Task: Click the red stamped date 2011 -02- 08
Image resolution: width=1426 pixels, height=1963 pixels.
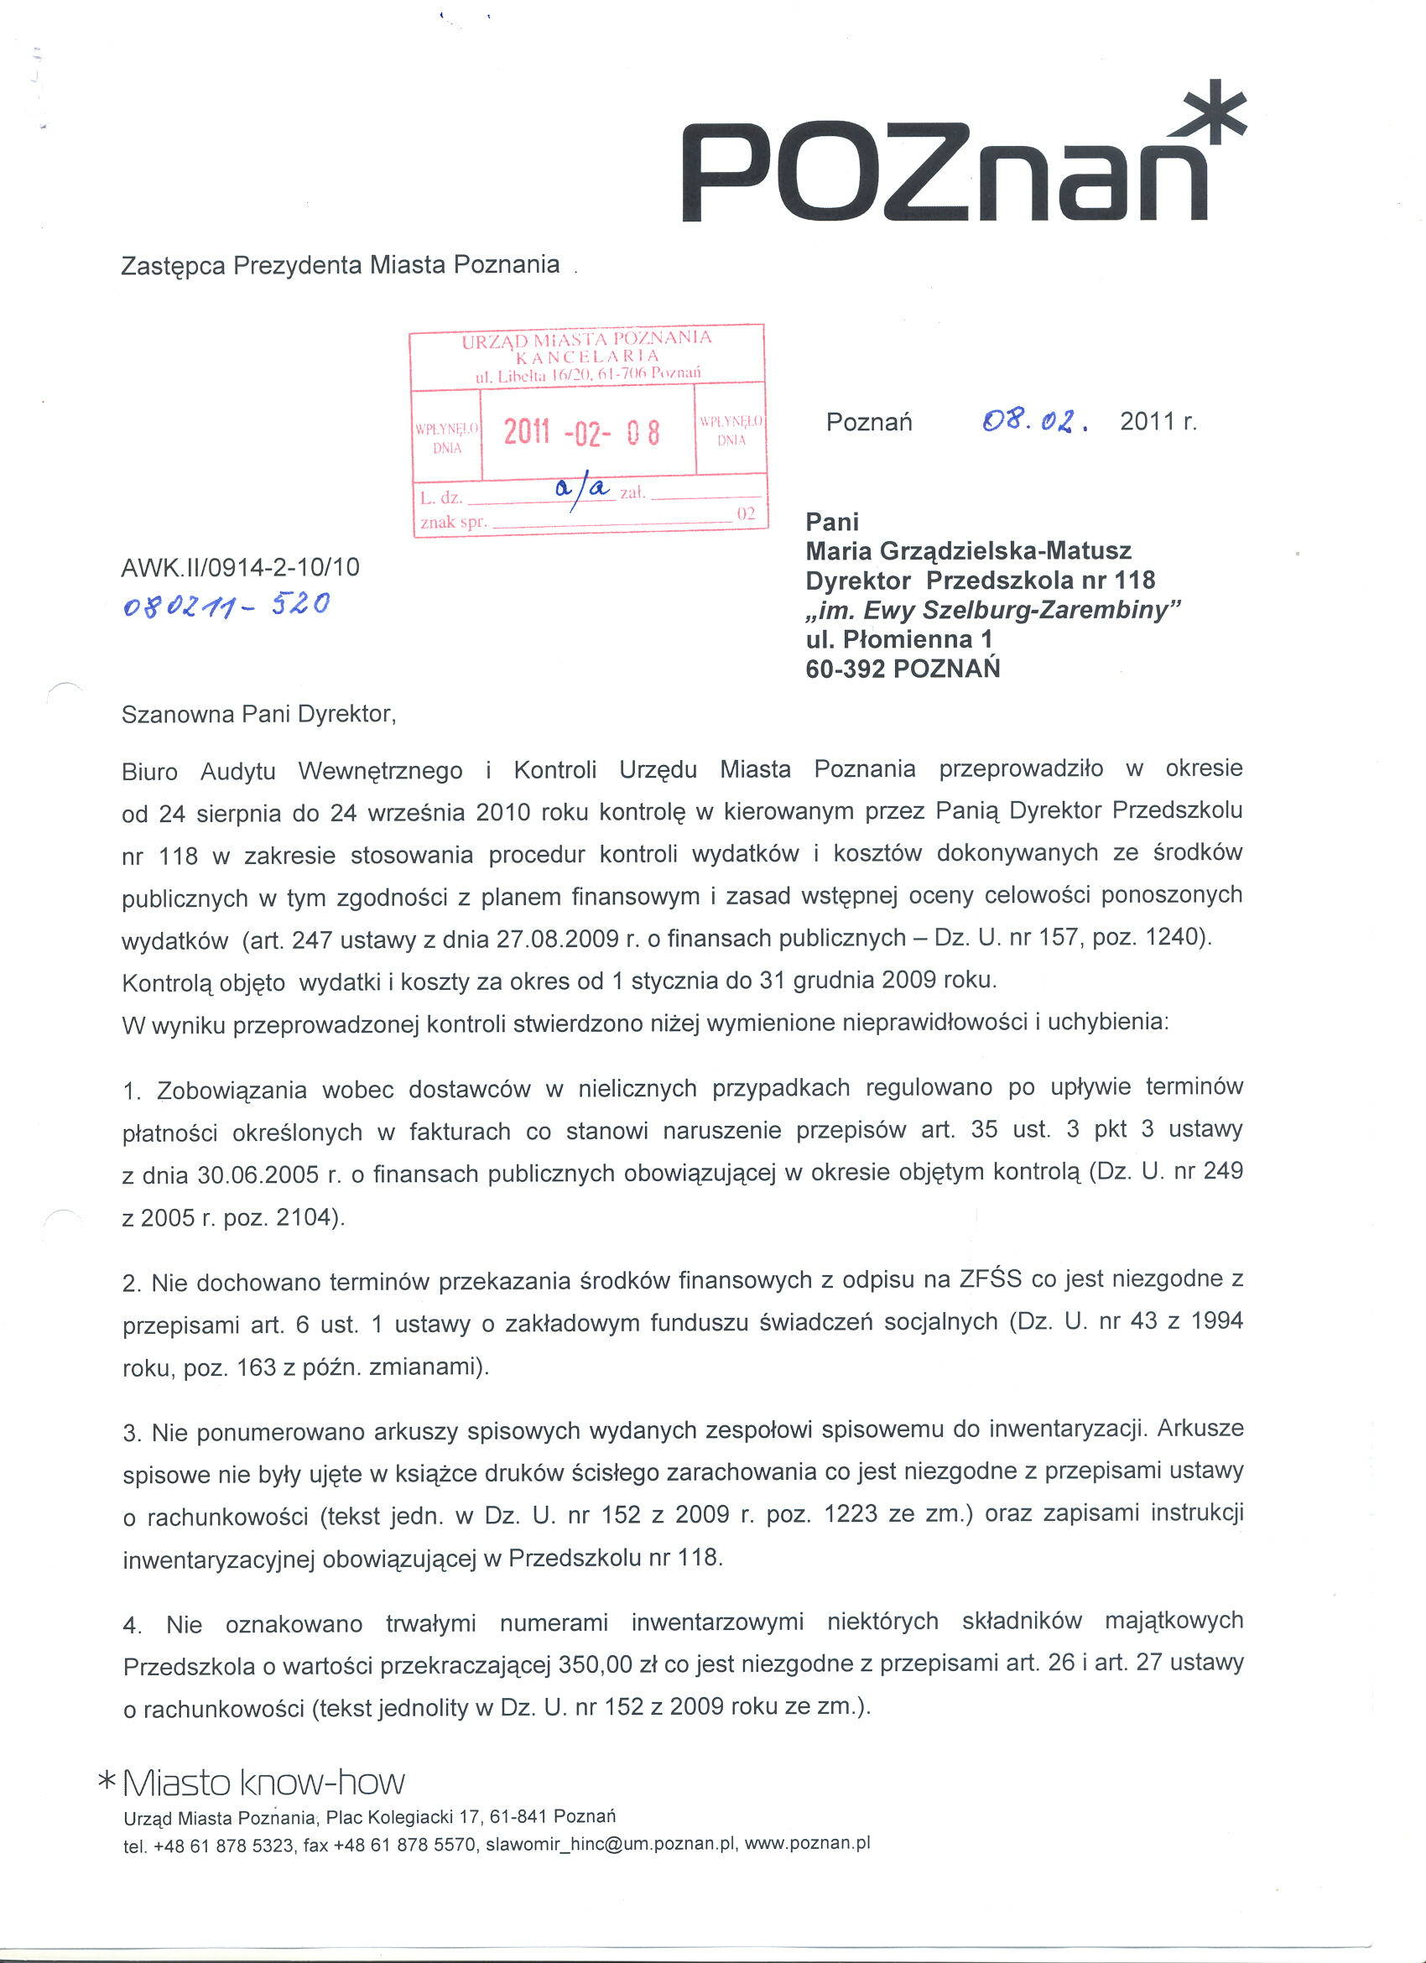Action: pyautogui.click(x=581, y=432)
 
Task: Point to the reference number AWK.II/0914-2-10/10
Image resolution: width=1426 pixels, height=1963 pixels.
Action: pyautogui.click(x=241, y=567)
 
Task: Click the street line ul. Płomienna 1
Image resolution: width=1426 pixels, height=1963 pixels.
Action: pyautogui.click(x=898, y=639)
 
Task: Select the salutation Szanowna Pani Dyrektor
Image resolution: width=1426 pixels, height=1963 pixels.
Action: pyautogui.click(x=258, y=714)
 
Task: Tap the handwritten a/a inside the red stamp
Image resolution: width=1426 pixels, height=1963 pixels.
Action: pyautogui.click(x=585, y=490)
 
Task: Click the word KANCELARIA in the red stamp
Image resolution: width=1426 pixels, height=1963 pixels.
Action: pyautogui.click(x=586, y=356)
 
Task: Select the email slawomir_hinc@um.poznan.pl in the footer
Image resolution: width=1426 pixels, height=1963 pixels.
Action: pyautogui.click(x=611, y=1844)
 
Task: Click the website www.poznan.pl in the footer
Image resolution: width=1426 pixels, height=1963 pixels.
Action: pyautogui.click(x=806, y=1843)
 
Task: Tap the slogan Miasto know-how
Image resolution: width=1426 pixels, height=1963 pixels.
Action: pyautogui.click(x=264, y=1782)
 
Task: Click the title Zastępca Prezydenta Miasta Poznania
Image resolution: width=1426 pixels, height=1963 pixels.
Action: pyautogui.click(x=340, y=265)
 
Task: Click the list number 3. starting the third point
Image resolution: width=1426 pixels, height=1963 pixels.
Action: pyautogui.click(x=133, y=1434)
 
